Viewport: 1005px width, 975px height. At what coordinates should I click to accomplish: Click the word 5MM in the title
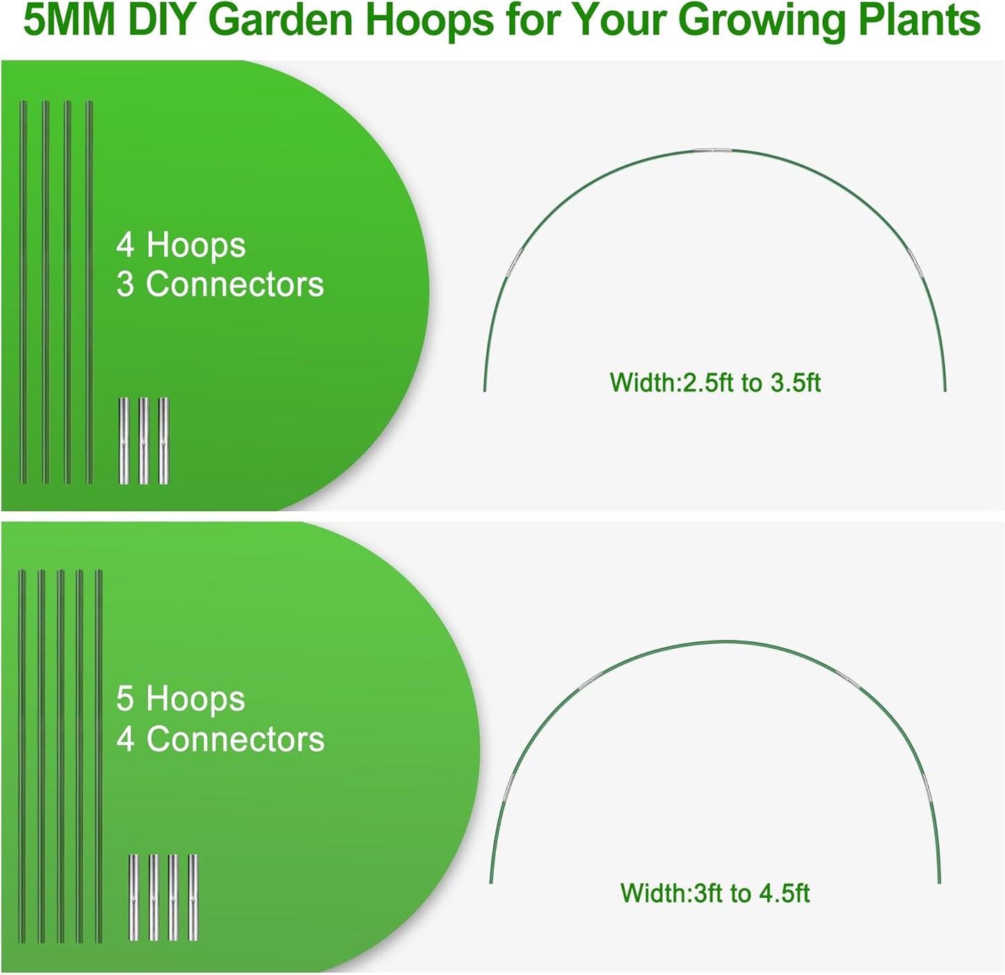click(69, 21)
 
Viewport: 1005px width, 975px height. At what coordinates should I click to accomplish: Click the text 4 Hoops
click(181, 245)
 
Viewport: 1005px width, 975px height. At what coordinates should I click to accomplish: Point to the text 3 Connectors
click(220, 284)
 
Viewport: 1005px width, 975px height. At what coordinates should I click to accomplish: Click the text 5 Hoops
click(180, 698)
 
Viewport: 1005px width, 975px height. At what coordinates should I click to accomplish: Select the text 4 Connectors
click(220, 739)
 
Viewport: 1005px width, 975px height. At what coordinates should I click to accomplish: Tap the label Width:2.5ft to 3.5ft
click(715, 382)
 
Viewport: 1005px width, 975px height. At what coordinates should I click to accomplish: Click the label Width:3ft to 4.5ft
click(715, 893)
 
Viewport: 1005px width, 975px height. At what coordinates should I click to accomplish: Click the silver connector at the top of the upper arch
click(712, 151)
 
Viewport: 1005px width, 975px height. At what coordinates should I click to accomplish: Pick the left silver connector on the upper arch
click(515, 263)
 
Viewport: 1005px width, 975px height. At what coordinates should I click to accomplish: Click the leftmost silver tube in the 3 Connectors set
click(124, 441)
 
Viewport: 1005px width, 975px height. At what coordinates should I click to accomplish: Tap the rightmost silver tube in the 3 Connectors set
click(163, 441)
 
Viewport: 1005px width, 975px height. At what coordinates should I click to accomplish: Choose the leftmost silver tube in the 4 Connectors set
click(134, 897)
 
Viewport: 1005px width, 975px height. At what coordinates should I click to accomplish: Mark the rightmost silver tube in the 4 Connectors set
click(193, 897)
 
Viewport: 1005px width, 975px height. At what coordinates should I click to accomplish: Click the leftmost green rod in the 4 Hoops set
click(23, 292)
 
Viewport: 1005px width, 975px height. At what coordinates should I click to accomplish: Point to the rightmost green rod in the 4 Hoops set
click(90, 292)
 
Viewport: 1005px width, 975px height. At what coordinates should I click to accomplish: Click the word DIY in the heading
click(161, 21)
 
